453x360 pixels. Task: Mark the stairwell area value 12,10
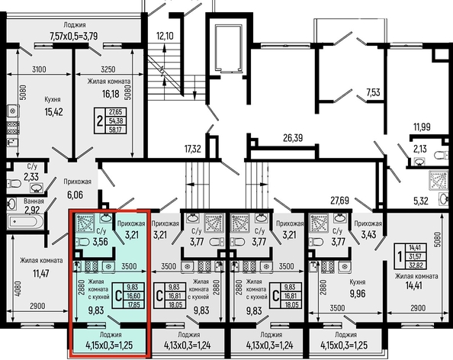click(x=165, y=36)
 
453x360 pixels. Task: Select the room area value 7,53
click(x=374, y=93)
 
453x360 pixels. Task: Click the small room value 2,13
click(x=420, y=149)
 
